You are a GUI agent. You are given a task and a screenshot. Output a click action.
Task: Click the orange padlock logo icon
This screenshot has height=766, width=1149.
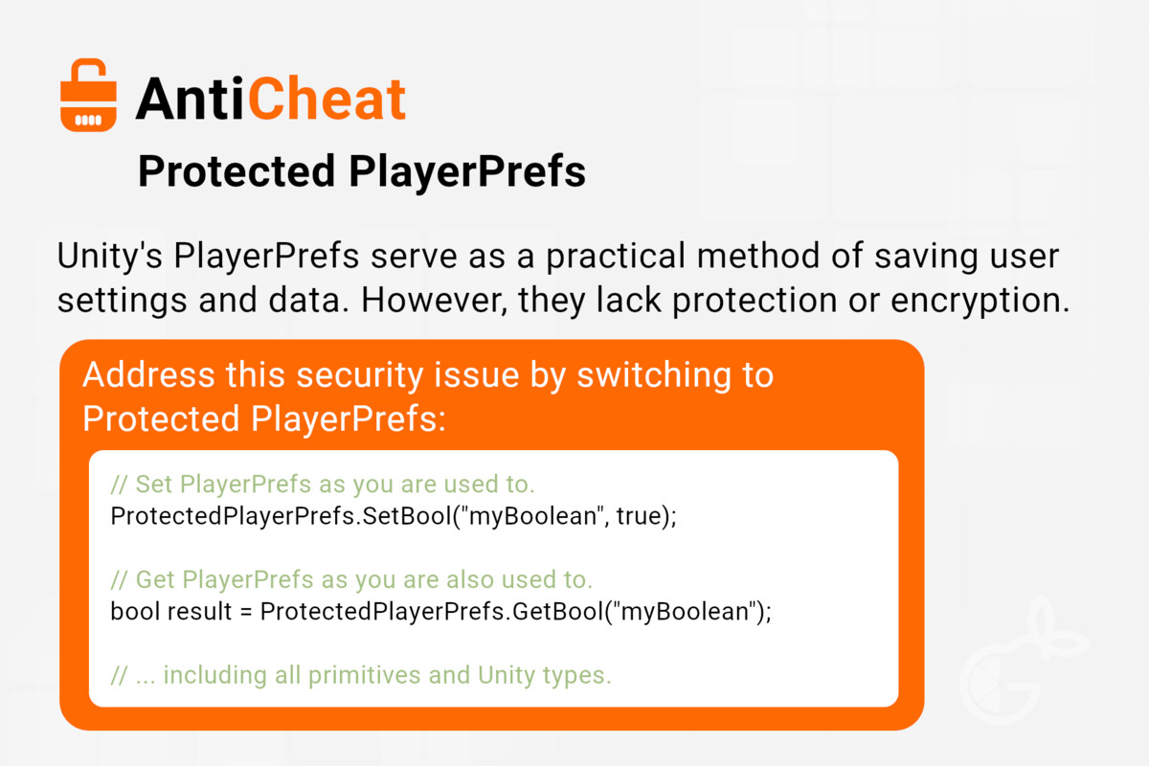point(88,95)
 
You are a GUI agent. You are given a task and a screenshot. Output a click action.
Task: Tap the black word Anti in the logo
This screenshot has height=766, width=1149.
point(190,99)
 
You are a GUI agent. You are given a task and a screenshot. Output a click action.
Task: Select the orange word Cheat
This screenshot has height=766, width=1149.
point(327,99)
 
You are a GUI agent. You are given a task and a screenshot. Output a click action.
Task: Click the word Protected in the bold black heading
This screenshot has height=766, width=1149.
point(237,170)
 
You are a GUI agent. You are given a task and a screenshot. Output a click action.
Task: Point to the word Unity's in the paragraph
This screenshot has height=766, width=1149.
point(110,258)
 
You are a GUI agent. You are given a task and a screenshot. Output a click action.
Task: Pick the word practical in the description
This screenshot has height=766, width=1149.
point(615,258)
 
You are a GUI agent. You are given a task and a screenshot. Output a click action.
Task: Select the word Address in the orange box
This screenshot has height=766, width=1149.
point(148,375)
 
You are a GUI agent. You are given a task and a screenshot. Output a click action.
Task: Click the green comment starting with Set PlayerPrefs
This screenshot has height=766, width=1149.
point(323,484)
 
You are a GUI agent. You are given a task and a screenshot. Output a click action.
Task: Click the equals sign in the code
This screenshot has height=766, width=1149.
point(246,613)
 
